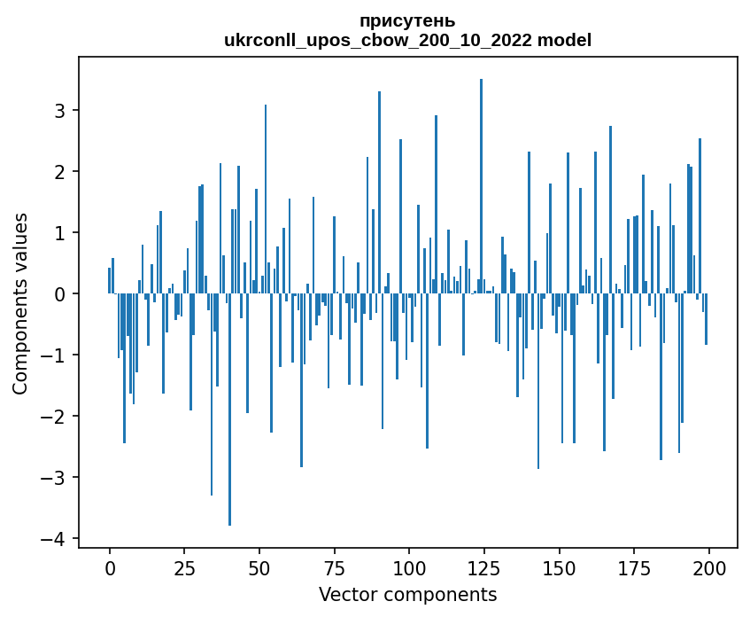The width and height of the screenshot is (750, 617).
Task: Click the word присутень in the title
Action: [x=407, y=20]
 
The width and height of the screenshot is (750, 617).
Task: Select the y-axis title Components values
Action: [x=20, y=303]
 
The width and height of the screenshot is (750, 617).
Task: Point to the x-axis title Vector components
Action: [x=407, y=594]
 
